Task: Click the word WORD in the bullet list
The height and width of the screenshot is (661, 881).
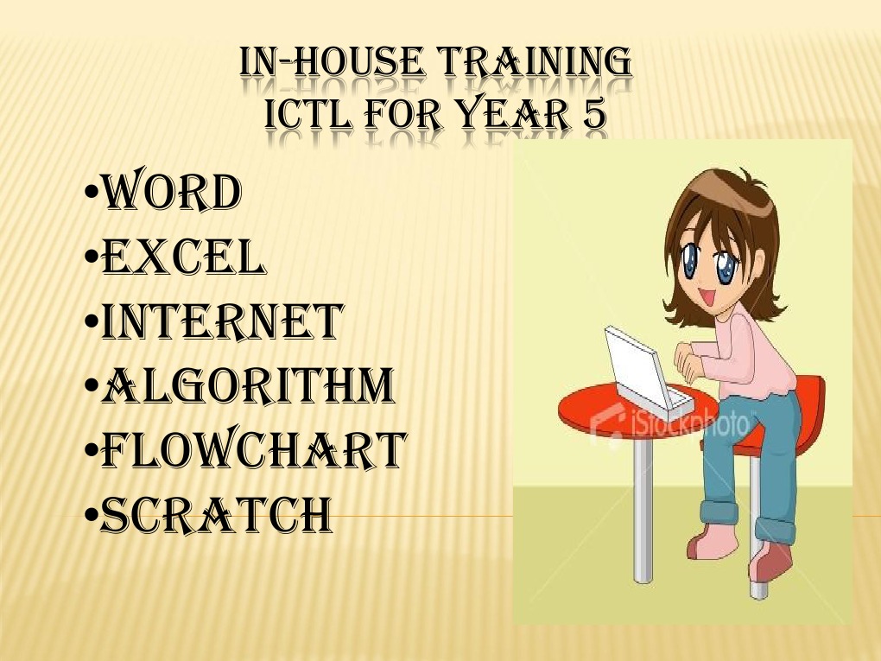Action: pyautogui.click(x=171, y=194)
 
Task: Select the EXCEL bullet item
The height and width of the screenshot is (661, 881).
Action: pyautogui.click(x=183, y=257)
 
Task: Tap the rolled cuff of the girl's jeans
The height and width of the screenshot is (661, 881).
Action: pyautogui.click(x=721, y=509)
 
